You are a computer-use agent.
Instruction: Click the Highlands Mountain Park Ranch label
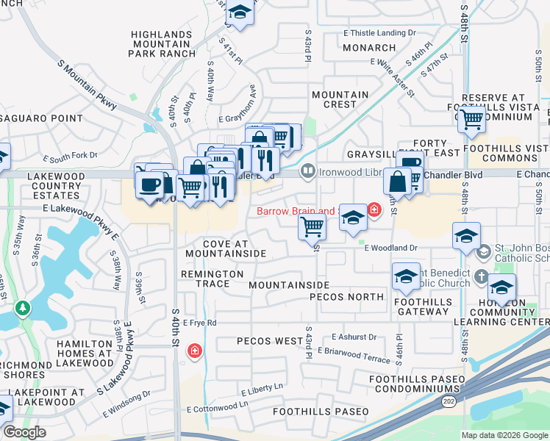coord(164,44)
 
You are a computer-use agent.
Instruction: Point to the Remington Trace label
coord(213,273)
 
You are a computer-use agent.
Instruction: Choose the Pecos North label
coord(346,297)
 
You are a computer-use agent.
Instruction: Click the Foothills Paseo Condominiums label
coord(418,384)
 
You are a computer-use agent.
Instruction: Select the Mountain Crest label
coord(340,100)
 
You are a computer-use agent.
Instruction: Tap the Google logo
coord(24,432)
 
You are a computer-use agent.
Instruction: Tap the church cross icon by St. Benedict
coord(481,277)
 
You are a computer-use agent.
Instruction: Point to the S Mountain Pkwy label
coord(87,84)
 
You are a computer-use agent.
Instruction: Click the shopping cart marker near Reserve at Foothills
coord(471,117)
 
